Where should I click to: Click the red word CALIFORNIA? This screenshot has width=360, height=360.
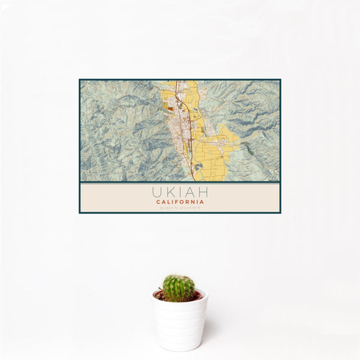[180, 202]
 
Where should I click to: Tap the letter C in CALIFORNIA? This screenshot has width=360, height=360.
[158, 202]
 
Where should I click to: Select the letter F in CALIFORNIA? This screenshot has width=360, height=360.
[177, 202]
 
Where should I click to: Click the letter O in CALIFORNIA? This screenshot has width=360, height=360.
[182, 202]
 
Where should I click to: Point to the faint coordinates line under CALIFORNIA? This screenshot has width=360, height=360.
[180, 208]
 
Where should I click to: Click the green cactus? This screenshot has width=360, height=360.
[179, 288]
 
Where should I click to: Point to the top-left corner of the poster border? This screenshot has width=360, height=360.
[79, 80]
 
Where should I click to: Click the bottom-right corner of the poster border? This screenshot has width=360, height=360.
[280, 213]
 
